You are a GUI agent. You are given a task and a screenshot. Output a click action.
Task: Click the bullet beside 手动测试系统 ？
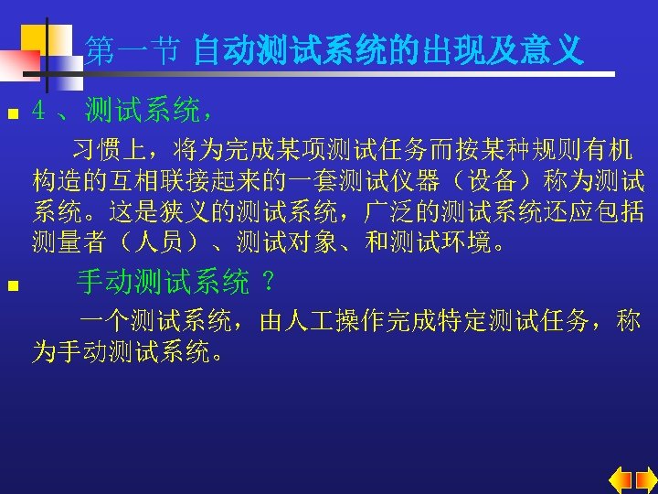(x=11, y=286)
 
